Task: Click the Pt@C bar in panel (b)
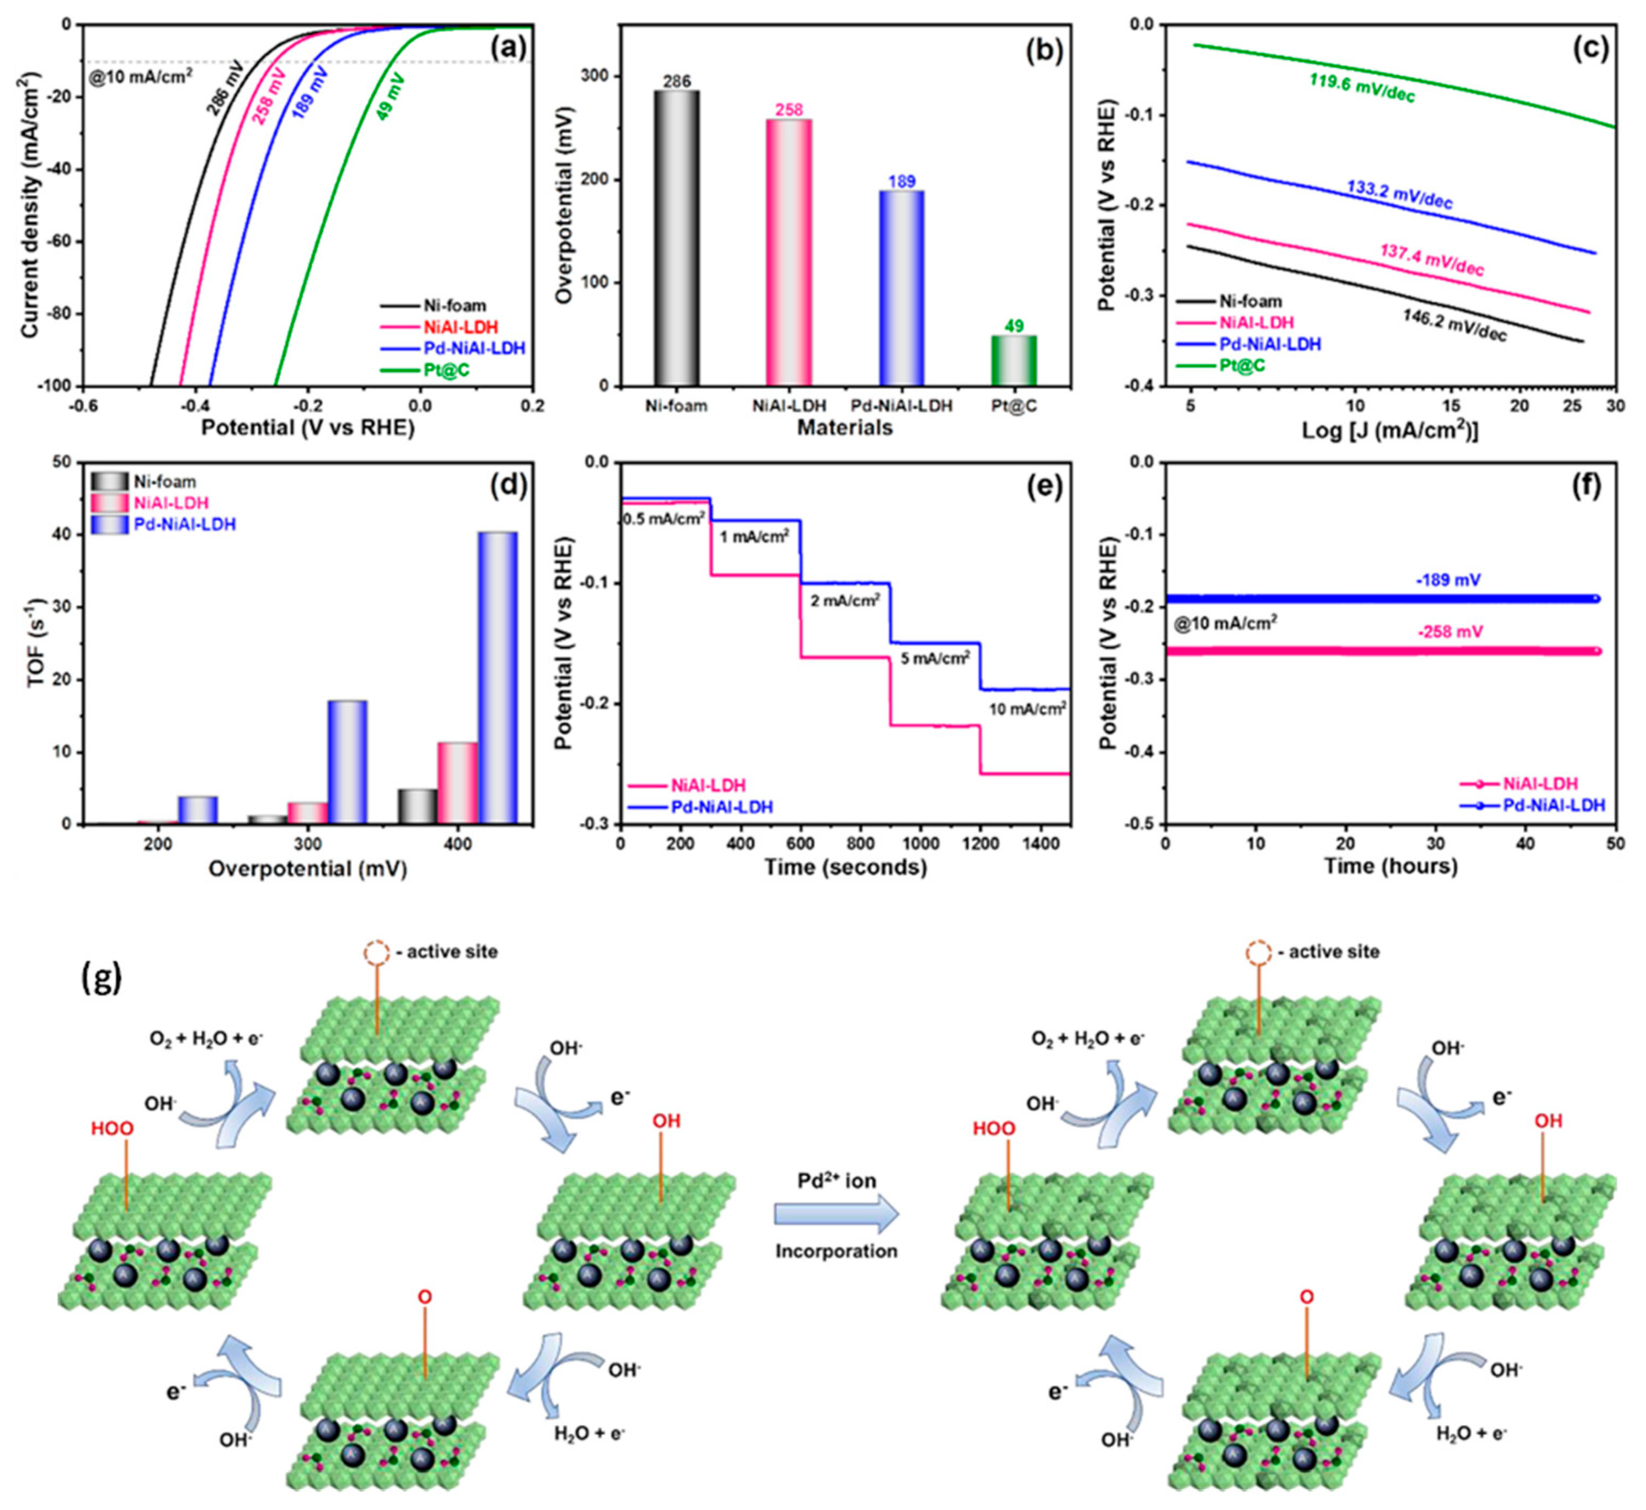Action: pos(1014,360)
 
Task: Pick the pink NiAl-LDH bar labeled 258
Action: pos(789,252)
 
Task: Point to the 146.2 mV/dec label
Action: pos(1455,325)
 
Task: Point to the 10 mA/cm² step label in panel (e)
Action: pos(1027,709)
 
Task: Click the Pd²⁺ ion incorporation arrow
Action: pos(836,1215)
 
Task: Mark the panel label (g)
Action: pos(102,977)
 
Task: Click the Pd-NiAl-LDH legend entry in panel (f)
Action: pos(1554,805)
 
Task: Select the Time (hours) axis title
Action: pos(1390,866)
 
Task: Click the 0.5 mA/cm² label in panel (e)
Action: pos(663,518)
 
